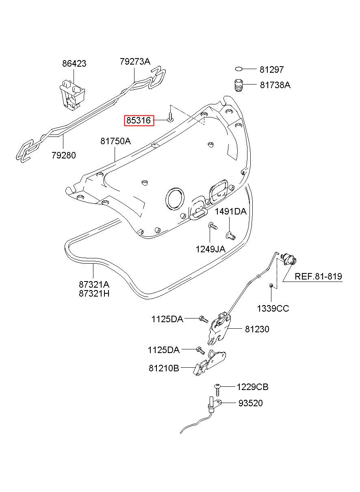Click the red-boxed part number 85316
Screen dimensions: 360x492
[x=139, y=121]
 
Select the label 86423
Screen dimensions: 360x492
[x=74, y=64]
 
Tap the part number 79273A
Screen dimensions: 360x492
[x=135, y=61]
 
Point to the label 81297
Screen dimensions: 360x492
[x=271, y=69]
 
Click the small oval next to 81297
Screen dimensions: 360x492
[x=239, y=69]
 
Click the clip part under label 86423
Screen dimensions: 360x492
[x=72, y=95]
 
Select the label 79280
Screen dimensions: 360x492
[x=64, y=155]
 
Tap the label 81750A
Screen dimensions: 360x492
[x=115, y=141]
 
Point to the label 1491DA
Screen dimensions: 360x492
[x=231, y=212]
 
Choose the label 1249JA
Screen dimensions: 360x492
[x=210, y=249]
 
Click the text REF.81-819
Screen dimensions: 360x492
[x=318, y=276]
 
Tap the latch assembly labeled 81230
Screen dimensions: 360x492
[x=219, y=329]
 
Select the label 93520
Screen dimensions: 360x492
[x=250, y=403]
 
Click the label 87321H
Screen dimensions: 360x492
[x=94, y=294]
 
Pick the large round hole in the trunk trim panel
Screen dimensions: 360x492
[x=175, y=199]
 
